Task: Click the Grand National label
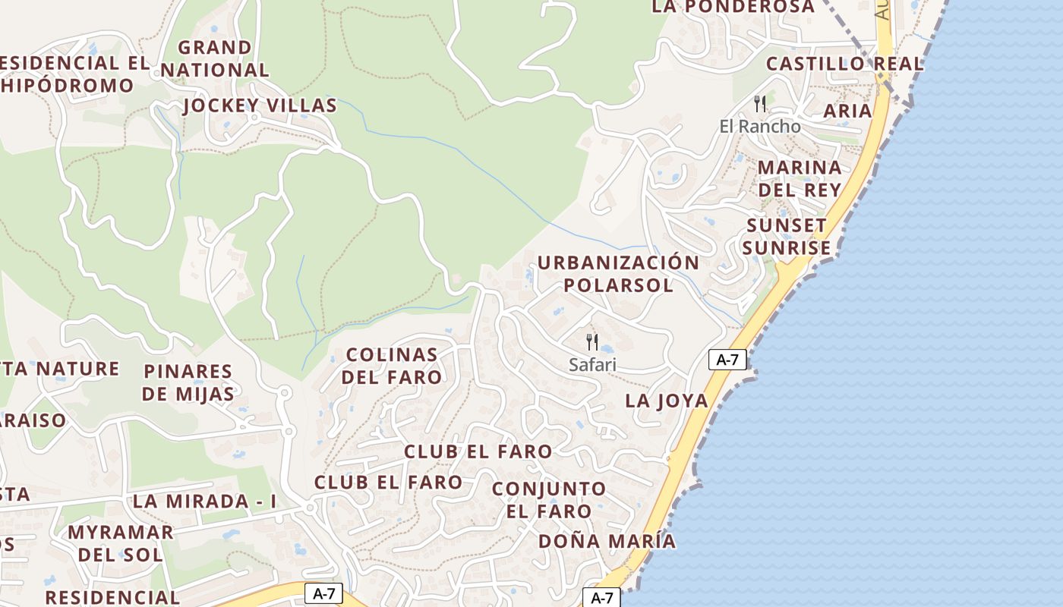point(215,58)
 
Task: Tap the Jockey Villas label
point(260,105)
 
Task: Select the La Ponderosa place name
point(733,7)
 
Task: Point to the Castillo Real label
point(844,64)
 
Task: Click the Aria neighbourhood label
point(847,111)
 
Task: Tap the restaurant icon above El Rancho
point(759,103)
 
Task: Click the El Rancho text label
point(759,126)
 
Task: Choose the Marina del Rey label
point(800,178)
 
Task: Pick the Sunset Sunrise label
point(787,237)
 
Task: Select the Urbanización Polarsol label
point(618,274)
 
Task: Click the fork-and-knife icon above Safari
point(592,341)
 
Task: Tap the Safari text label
point(592,365)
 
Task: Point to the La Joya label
point(666,401)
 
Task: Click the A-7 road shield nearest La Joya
point(727,360)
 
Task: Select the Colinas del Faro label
point(392,366)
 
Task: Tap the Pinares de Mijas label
point(188,382)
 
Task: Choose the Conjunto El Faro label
point(549,499)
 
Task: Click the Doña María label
point(607,541)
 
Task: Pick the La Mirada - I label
point(204,502)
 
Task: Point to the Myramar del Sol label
point(121,543)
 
